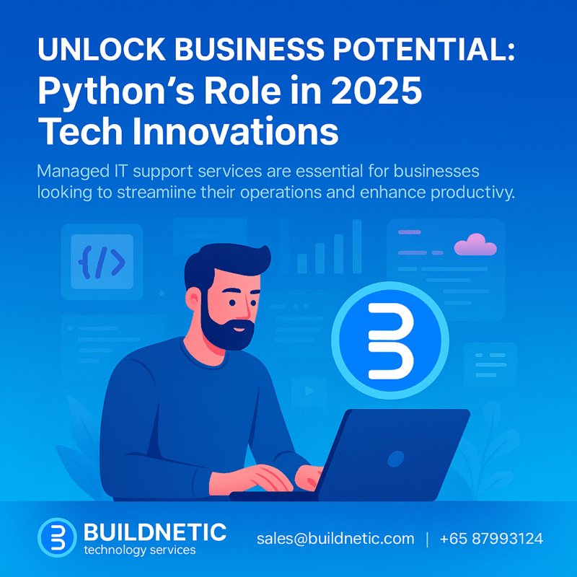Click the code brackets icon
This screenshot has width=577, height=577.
(102, 261)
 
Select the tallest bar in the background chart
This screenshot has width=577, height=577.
(357, 246)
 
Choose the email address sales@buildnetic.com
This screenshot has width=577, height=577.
(335, 539)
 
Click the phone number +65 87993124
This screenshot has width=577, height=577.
(491, 539)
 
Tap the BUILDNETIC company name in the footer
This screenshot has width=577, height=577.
(155, 533)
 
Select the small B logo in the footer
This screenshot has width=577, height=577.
(58, 537)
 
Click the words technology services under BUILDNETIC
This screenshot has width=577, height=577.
(139, 550)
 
